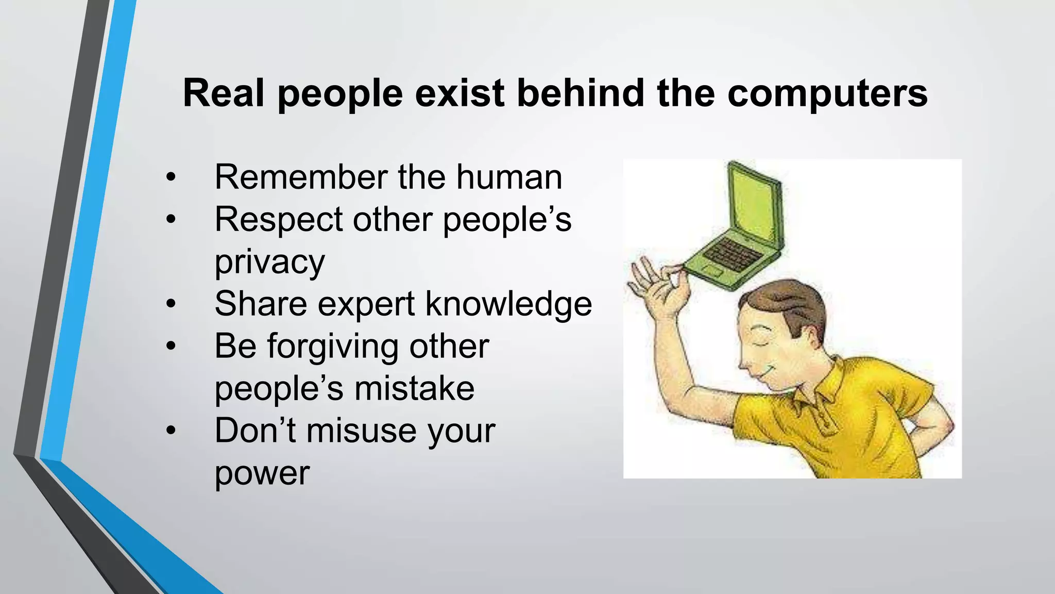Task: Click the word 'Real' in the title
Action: coord(223,93)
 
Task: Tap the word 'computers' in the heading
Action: coord(827,94)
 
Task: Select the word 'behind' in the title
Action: coord(581,93)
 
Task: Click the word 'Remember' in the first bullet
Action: coord(301,177)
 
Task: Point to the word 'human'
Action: coord(509,177)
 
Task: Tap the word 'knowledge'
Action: coord(508,304)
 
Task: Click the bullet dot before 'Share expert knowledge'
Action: coord(171,305)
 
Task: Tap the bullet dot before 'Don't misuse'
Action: coord(171,431)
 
